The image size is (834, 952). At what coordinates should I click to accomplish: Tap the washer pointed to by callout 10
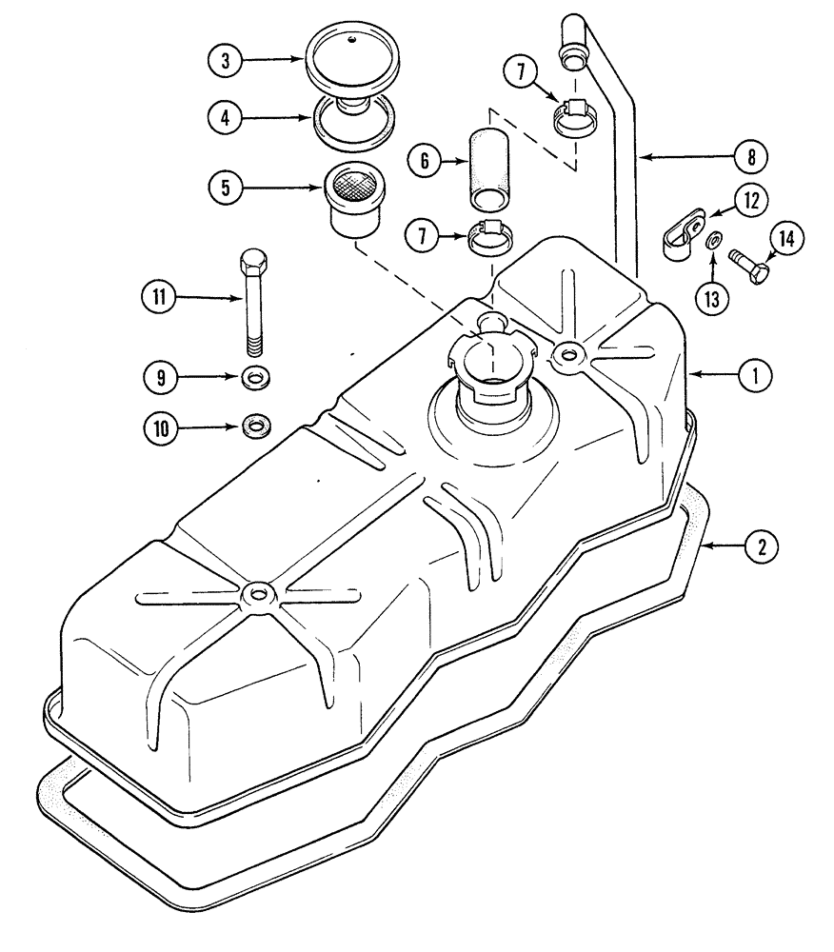click(254, 424)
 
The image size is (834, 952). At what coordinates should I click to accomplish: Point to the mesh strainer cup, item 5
click(353, 198)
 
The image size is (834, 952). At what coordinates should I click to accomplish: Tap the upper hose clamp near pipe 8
click(575, 119)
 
